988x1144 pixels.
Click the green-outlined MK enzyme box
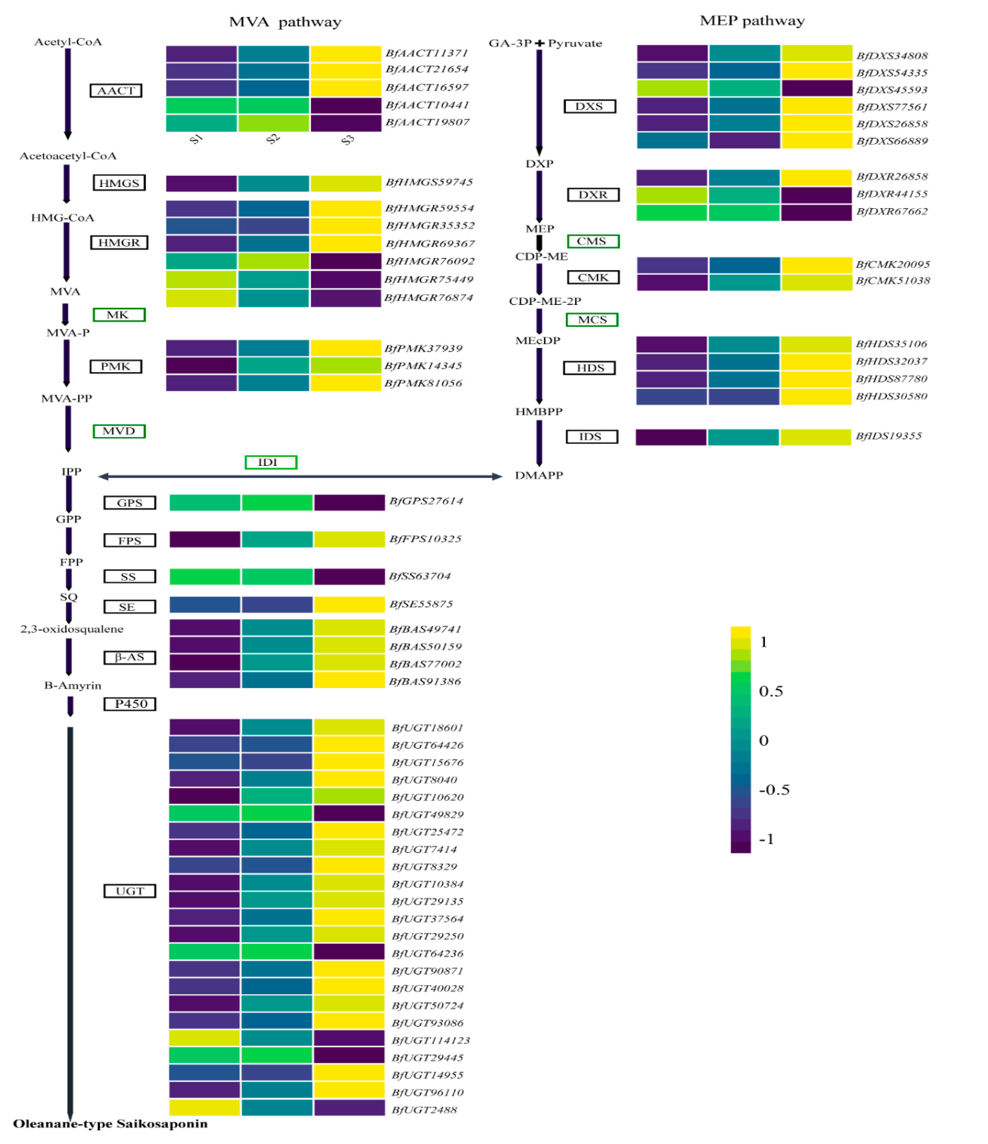point(119,315)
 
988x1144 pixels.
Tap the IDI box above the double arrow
point(271,462)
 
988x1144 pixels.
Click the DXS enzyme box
point(589,107)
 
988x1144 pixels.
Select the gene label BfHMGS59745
point(429,182)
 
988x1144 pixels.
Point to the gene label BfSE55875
point(421,604)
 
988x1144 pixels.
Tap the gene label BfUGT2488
point(424,1110)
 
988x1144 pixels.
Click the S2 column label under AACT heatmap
point(273,139)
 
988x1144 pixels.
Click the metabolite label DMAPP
point(539,475)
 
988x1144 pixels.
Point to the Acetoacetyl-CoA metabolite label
point(68,156)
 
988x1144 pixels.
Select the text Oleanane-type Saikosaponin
point(110,1124)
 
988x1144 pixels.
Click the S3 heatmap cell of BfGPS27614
point(349,503)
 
